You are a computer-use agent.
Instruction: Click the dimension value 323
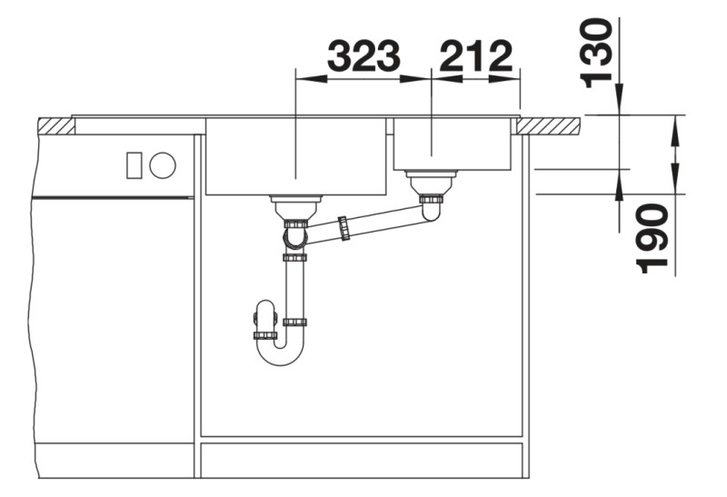tap(363, 56)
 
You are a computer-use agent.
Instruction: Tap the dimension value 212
tap(475, 56)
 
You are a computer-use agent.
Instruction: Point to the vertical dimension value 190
tap(652, 239)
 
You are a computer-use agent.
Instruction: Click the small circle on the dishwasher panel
tap(163, 165)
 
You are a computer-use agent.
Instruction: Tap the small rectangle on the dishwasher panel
tap(134, 165)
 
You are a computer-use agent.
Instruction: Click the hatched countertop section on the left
tap(56, 126)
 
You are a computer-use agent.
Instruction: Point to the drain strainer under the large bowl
tap(296, 207)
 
